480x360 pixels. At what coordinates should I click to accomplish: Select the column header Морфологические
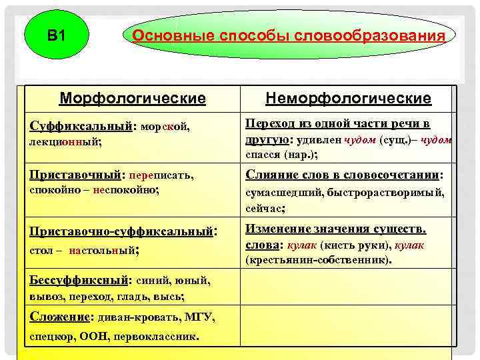132,99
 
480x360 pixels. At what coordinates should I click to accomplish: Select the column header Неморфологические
348,99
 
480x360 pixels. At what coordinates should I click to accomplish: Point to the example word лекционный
65,142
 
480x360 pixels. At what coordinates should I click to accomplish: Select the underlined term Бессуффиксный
81,281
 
